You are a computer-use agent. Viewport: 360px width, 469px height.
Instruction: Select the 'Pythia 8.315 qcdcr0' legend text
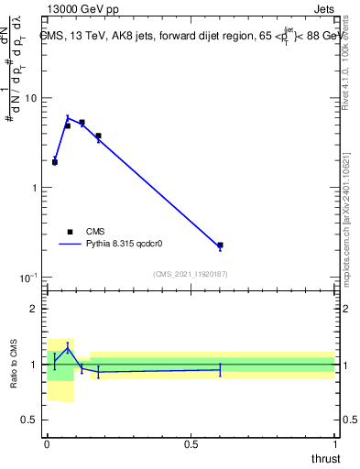click(x=124, y=245)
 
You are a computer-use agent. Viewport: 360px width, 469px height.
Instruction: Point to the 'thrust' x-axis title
click(x=325, y=457)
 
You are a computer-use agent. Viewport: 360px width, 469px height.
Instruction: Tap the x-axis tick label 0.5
click(x=191, y=444)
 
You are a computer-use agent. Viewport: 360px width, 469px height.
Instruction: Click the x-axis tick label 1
click(x=334, y=444)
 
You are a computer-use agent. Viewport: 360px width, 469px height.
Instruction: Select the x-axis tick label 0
click(x=47, y=444)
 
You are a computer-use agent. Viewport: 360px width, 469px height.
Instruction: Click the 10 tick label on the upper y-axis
click(x=31, y=98)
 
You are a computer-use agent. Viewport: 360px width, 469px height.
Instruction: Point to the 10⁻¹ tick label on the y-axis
click(x=28, y=277)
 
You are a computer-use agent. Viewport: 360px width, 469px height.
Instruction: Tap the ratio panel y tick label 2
click(x=35, y=309)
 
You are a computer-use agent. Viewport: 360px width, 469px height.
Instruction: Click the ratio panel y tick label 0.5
click(x=30, y=420)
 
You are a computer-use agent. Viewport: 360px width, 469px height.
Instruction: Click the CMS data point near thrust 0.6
click(x=220, y=245)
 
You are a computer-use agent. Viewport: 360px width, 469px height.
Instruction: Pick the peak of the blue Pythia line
click(x=68, y=117)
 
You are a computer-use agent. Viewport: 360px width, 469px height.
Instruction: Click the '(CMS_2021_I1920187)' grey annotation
click(x=191, y=274)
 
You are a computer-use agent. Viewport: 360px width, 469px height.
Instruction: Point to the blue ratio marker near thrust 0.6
click(x=220, y=369)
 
